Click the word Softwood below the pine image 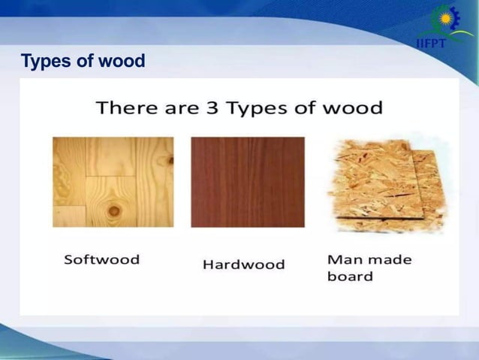click(101, 259)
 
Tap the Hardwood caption click(244, 265)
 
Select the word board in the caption click(350, 276)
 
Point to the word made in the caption click(391, 259)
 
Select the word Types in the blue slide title click(44, 61)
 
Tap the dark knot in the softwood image click(114, 210)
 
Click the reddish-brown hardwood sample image click(248, 182)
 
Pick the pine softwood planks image click(113, 182)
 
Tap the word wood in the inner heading click(353, 107)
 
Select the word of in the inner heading click(305, 107)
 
